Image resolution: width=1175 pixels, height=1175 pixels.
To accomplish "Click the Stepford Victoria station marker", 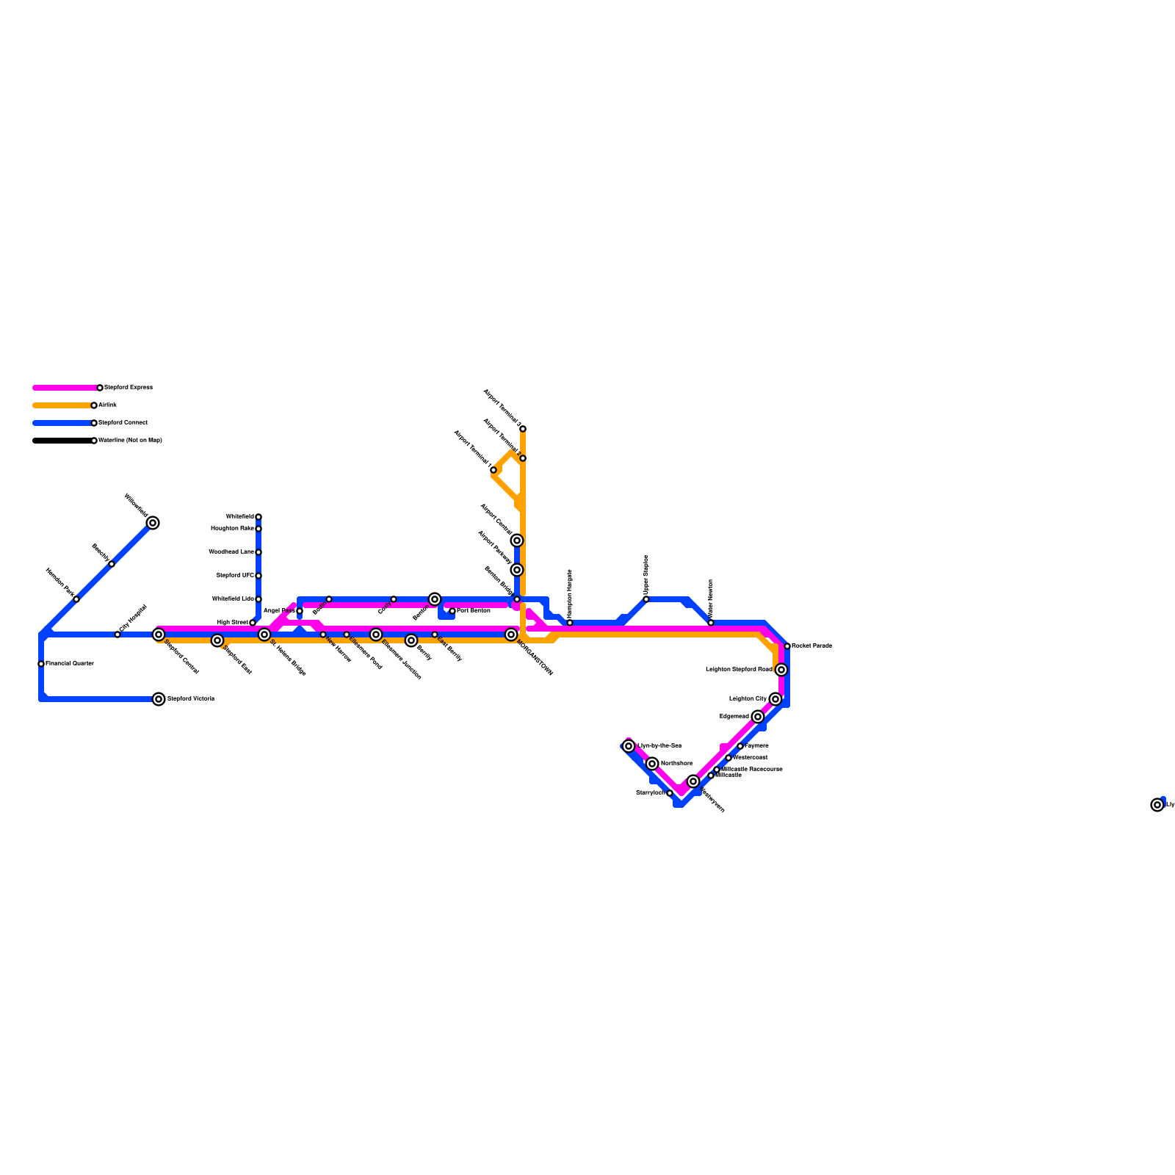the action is coord(159,699).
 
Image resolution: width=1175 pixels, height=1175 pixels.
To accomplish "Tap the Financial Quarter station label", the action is coord(70,664).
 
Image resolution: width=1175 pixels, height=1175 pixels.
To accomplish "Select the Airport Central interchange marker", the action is coord(517,540).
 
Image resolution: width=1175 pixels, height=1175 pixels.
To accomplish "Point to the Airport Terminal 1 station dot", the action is coord(493,470).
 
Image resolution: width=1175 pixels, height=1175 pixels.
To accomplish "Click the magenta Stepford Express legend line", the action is coord(65,388).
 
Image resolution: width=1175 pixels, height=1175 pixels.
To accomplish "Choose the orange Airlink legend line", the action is coord(62,405).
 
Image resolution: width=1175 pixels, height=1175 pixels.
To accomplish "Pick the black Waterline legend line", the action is coord(62,441).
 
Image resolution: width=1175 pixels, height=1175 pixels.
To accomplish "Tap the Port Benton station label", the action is coord(474,611).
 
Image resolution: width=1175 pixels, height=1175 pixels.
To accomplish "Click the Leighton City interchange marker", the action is coord(775,699).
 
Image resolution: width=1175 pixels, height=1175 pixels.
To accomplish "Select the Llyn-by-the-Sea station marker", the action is coord(629,746).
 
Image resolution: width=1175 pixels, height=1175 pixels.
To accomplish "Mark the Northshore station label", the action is coord(676,764).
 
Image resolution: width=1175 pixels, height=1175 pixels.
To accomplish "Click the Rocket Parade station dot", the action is coord(787,646).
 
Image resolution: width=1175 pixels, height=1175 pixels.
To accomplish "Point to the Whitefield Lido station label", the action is coord(233,599).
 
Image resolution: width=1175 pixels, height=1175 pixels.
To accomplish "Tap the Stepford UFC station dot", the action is coord(258,576).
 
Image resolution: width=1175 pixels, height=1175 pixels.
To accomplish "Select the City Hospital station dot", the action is coord(117,634).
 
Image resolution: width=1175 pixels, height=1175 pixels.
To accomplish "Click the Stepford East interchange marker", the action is coord(217,640).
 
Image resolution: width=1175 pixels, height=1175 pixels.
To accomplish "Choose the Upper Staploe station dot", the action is coord(646,599).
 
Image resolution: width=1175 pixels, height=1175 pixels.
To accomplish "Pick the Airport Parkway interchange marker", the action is coord(517,570).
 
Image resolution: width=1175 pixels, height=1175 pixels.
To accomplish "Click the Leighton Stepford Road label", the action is coord(739,670).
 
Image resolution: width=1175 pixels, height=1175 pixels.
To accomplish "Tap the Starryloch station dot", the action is coord(670,793).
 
